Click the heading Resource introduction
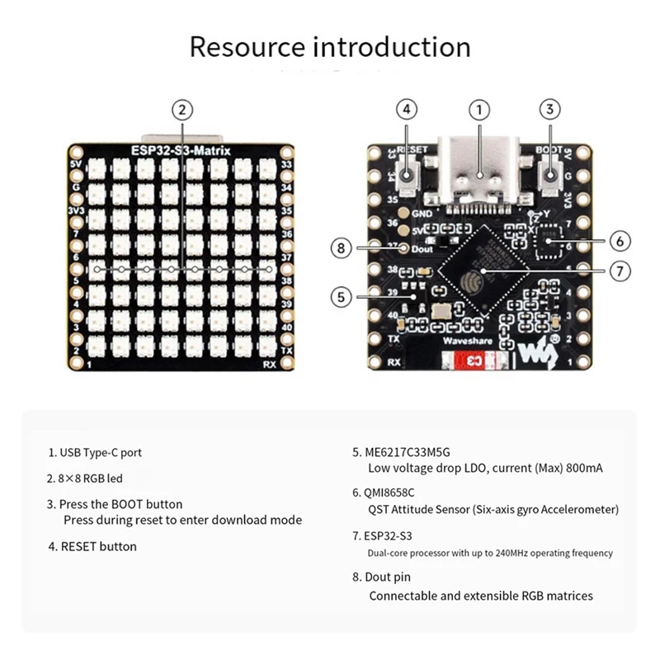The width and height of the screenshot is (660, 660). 330,46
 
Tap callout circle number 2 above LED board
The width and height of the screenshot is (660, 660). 182,110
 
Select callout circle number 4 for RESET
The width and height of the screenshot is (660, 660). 406,110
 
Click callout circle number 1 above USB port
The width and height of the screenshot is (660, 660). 479,110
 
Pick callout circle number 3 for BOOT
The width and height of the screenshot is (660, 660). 551,110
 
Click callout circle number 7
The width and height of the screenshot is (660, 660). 621,271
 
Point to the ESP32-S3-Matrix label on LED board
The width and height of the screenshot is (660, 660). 181,150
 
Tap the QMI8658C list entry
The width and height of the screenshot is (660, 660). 391,493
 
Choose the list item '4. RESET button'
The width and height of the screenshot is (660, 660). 92,546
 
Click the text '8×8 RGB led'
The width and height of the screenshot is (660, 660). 96,478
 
